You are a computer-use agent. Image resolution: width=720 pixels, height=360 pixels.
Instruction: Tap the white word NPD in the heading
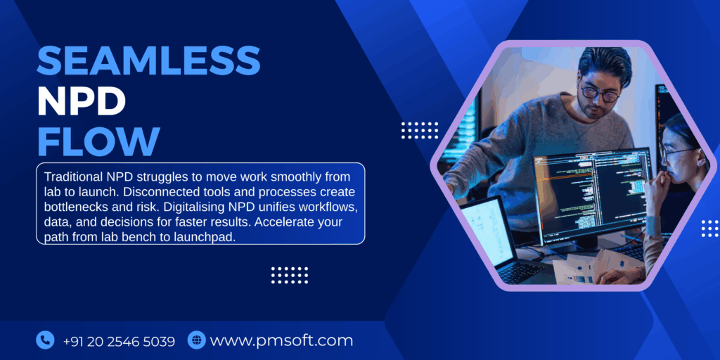click(x=82, y=101)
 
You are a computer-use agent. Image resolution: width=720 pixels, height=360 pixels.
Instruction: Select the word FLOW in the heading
click(x=98, y=141)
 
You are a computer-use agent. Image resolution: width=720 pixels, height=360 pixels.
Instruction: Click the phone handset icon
click(x=45, y=341)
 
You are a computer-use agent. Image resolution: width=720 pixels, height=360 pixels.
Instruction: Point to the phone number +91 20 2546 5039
click(x=119, y=342)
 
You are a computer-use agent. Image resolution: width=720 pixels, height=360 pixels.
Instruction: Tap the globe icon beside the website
click(x=196, y=341)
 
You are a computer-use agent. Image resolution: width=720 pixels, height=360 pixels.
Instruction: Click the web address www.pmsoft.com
click(x=281, y=341)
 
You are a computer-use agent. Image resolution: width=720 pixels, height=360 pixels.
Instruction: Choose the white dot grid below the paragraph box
click(x=290, y=275)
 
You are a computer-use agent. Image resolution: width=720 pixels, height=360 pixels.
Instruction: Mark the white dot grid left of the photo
click(x=419, y=130)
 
